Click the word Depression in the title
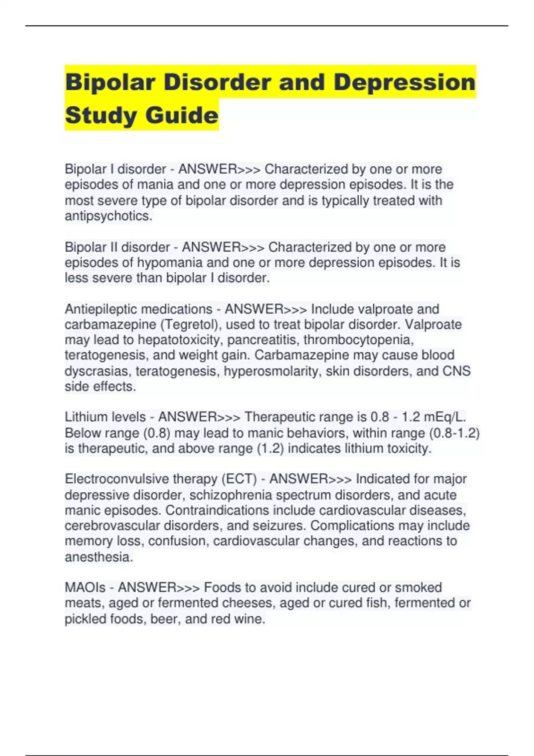pyautogui.click(x=405, y=83)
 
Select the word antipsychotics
pyautogui.click(x=108, y=216)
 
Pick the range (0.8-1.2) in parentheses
pyautogui.click(x=454, y=433)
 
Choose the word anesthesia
pyautogui.click(x=99, y=557)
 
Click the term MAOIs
pyautogui.click(x=85, y=588)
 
